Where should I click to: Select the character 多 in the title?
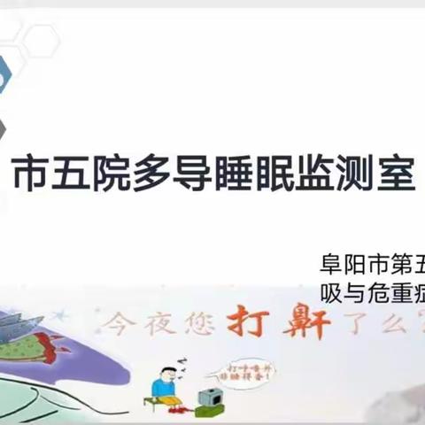[151, 175]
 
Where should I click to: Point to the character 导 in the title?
[191, 175]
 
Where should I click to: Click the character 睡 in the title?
[232, 175]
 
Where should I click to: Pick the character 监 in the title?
[313, 175]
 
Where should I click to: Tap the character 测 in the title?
[354, 175]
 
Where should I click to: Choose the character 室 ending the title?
[395, 175]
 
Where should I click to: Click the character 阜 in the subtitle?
[332, 265]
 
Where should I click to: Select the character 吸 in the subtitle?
[332, 291]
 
